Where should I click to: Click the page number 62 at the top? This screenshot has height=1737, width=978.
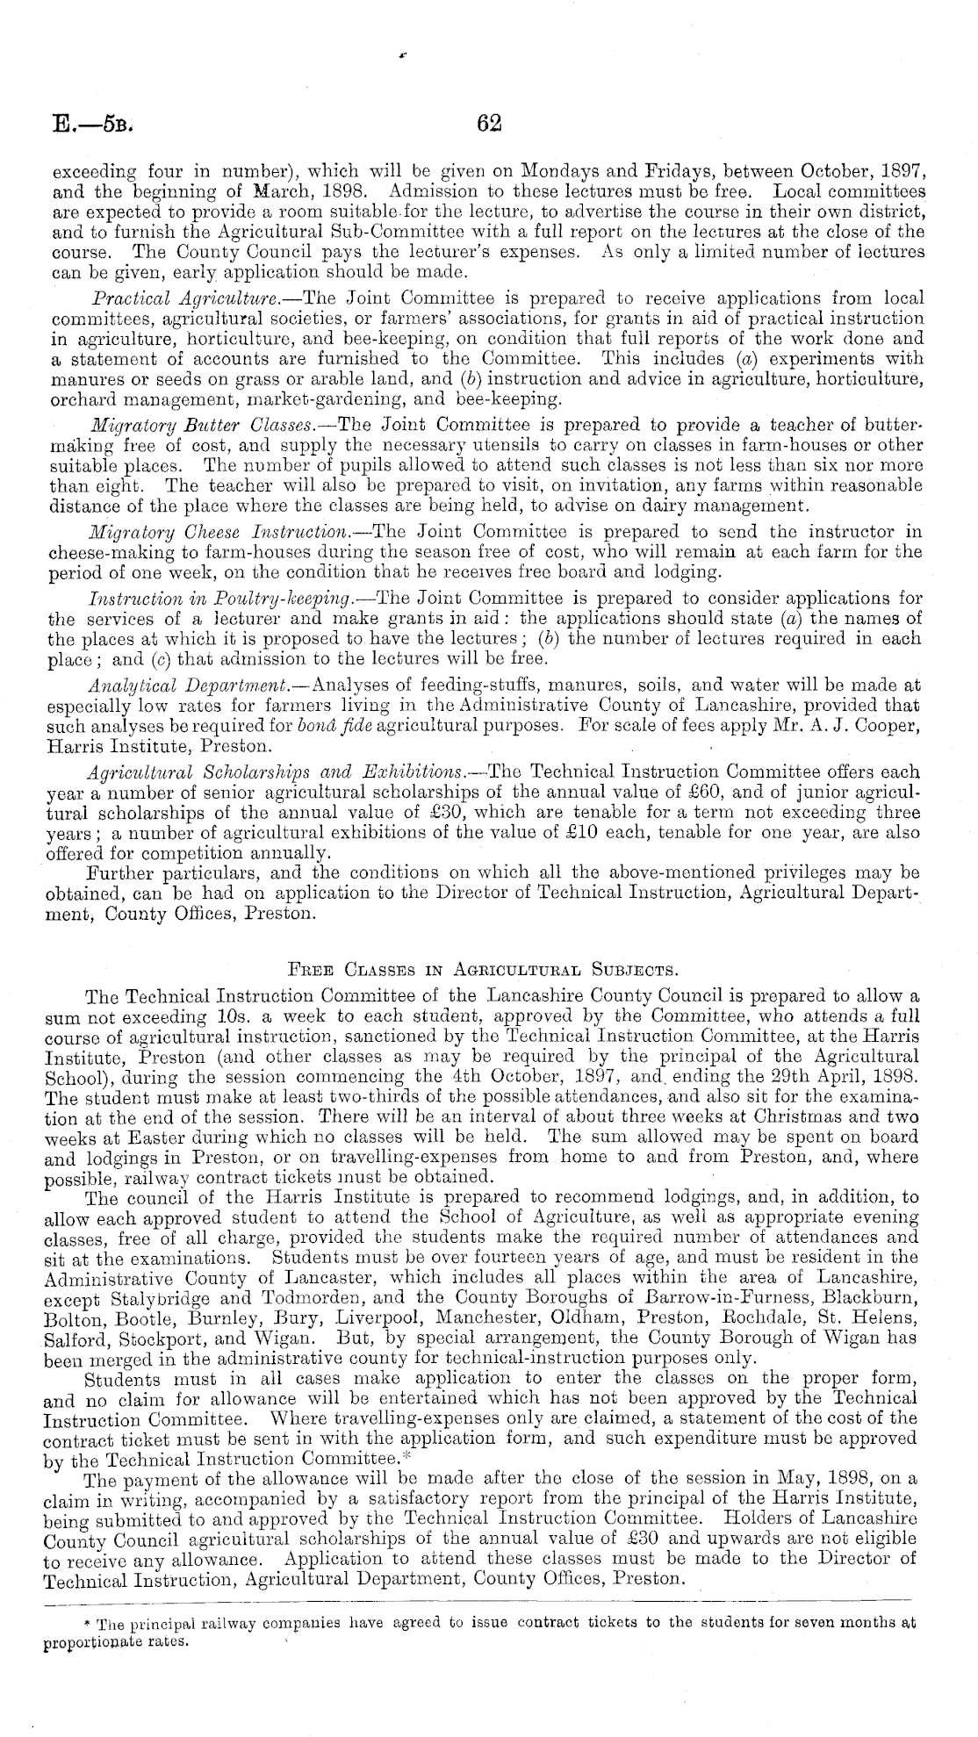[x=488, y=125]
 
